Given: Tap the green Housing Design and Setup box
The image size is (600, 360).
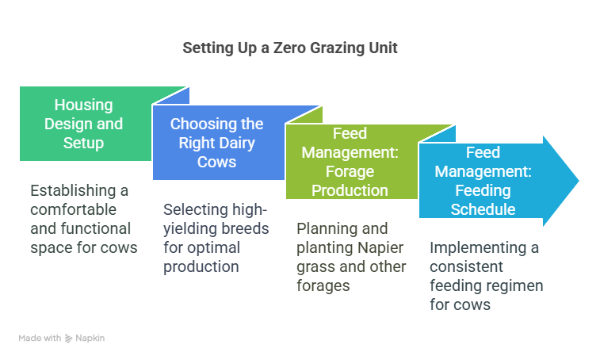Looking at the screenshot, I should pyautogui.click(x=87, y=124).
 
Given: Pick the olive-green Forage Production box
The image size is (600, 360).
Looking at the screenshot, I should pyautogui.click(x=350, y=162).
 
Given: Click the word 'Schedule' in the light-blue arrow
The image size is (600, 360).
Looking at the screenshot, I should pyautogui.click(x=483, y=210).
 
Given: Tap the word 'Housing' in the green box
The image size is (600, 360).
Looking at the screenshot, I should pyautogui.click(x=83, y=105).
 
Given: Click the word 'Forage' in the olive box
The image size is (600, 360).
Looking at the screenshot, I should pyautogui.click(x=350, y=172).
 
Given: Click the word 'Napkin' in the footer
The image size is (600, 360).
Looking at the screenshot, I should pyautogui.click(x=90, y=338).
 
